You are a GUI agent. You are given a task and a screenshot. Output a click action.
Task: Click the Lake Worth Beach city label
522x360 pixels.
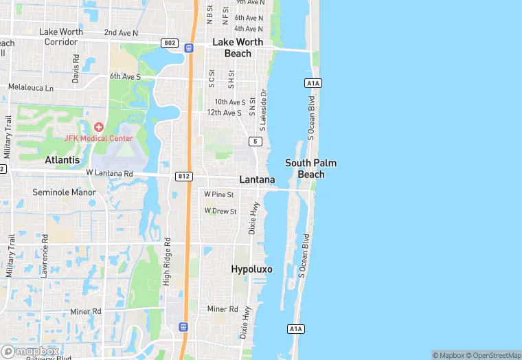click(238, 47)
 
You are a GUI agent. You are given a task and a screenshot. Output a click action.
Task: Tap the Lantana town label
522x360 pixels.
click(257, 179)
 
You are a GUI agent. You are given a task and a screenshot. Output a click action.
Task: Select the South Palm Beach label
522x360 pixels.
click(311, 168)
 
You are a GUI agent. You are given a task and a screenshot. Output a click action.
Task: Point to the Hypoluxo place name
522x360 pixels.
click(251, 269)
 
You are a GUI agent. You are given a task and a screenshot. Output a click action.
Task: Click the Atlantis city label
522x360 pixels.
click(62, 159)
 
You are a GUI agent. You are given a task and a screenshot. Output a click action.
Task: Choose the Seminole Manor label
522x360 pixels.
click(65, 192)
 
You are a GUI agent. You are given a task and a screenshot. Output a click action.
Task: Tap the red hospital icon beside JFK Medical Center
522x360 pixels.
click(99, 127)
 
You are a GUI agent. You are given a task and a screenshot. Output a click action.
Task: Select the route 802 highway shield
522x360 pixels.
click(170, 43)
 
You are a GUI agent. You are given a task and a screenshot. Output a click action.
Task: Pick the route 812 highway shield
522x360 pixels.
click(183, 176)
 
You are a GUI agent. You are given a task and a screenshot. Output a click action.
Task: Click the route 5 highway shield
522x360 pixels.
click(256, 142)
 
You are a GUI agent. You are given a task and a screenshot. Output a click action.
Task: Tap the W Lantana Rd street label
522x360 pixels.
click(109, 174)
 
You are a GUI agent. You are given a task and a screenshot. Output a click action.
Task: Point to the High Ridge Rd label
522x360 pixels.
click(166, 263)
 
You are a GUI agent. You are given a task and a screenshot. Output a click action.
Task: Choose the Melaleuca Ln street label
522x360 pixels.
click(30, 88)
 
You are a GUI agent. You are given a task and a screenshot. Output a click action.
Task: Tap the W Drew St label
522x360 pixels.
click(220, 211)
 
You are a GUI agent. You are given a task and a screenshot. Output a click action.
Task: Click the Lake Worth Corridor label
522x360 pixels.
click(60, 36)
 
